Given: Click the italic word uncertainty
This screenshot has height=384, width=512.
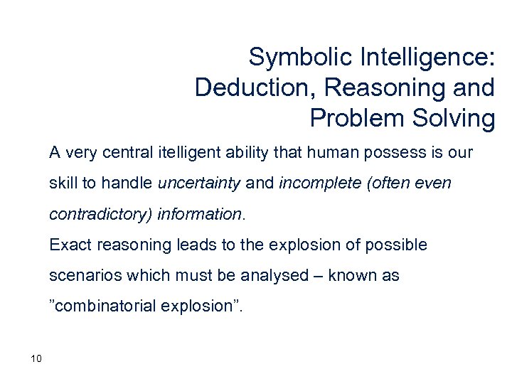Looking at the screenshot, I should (200, 183).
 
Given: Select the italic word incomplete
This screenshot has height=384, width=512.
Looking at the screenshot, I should (311, 183).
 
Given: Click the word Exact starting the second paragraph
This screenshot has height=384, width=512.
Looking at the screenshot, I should (68, 245).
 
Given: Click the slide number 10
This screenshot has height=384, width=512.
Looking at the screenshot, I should (37, 358).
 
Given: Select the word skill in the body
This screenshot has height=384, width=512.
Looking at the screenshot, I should (63, 183).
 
